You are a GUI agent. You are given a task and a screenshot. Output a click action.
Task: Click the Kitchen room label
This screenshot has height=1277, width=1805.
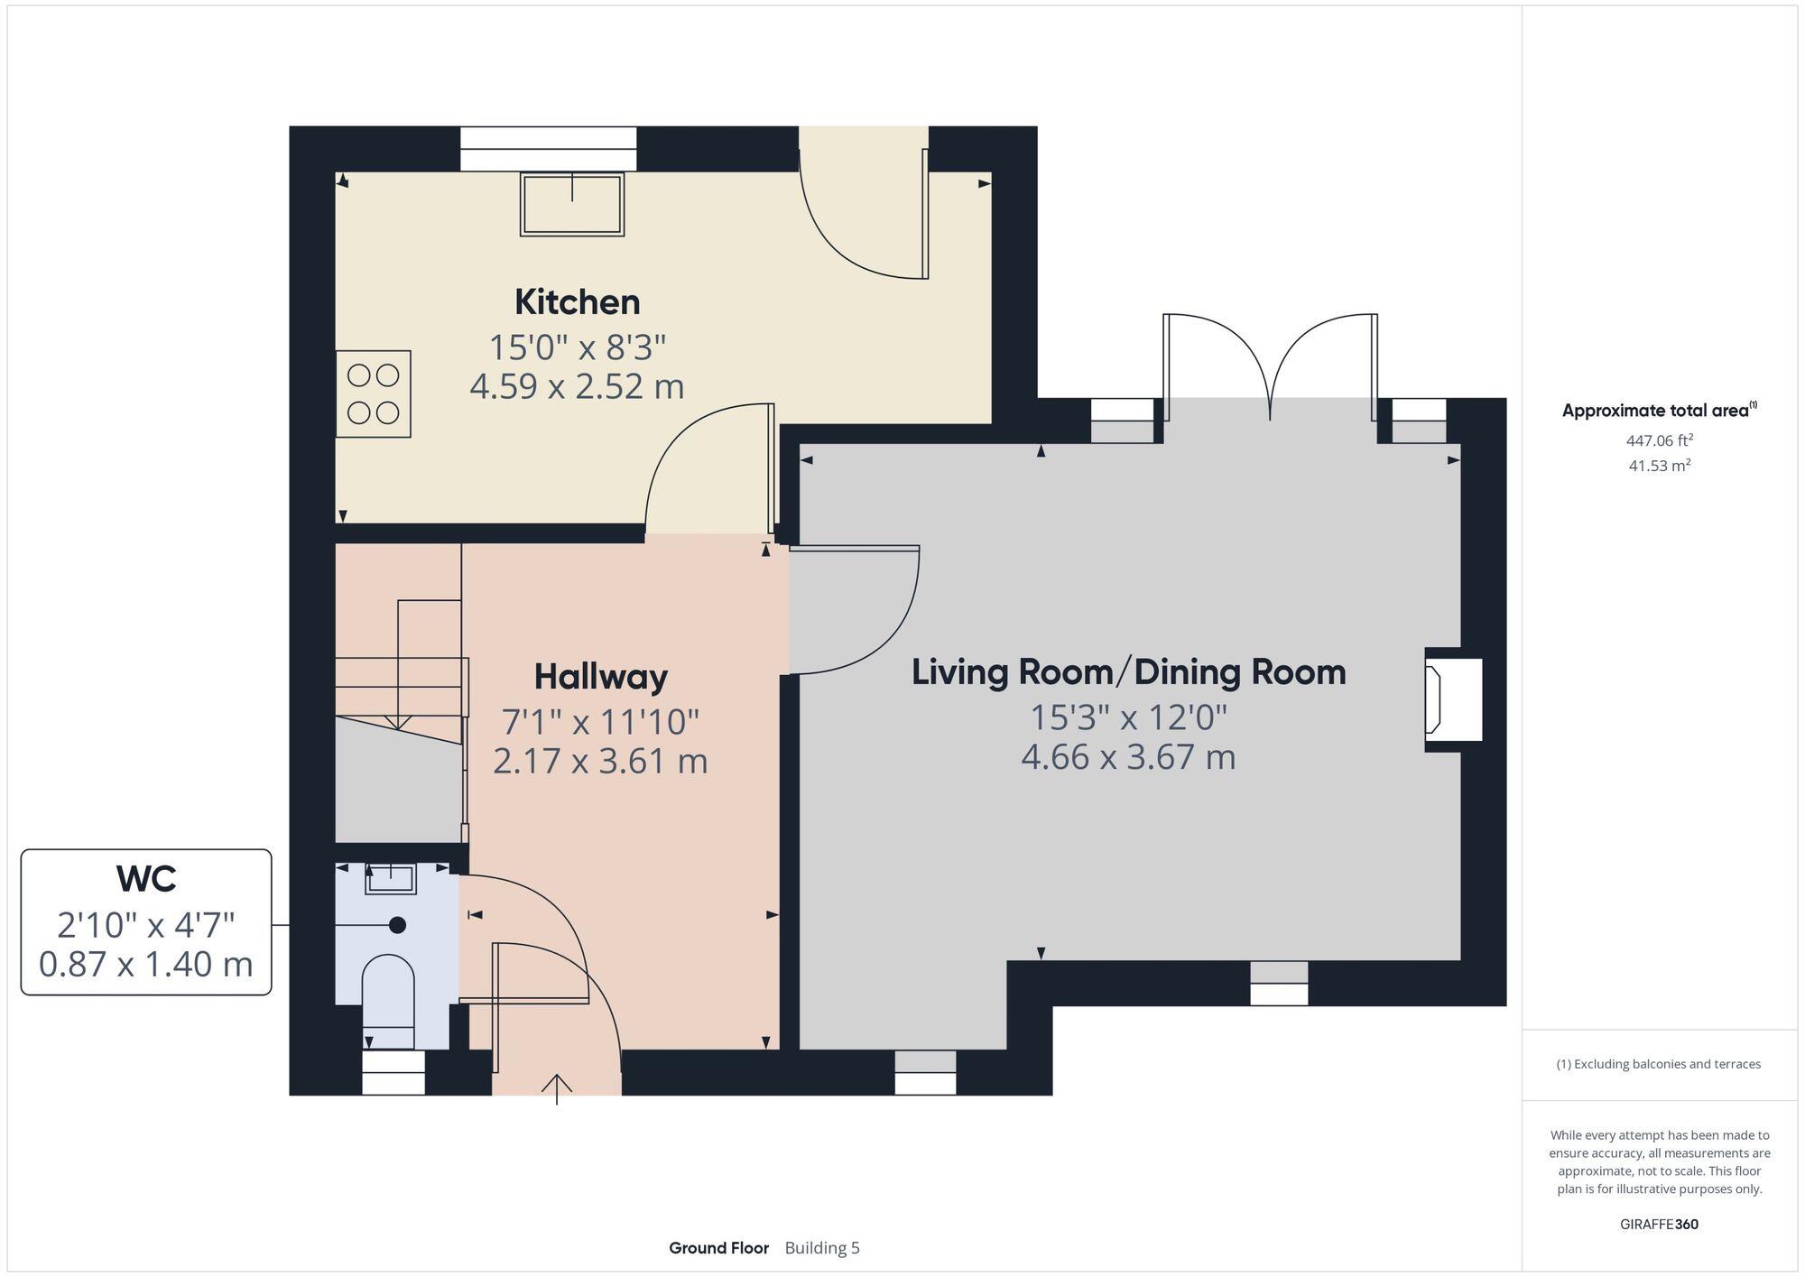(x=577, y=302)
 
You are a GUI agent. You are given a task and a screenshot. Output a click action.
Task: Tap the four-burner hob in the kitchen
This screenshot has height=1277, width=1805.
(x=374, y=394)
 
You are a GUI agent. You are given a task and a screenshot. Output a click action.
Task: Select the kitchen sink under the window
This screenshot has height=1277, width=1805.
(x=572, y=205)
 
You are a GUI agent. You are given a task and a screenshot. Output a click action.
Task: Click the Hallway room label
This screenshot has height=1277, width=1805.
(x=600, y=677)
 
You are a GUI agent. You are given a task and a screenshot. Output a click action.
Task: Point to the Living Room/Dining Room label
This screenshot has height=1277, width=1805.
(x=1128, y=672)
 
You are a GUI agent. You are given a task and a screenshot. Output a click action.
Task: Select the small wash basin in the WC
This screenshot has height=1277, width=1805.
(x=391, y=878)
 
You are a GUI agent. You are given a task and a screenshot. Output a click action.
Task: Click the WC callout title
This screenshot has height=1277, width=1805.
(x=146, y=878)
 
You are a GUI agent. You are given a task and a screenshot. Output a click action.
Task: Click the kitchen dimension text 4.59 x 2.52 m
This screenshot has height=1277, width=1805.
(x=577, y=386)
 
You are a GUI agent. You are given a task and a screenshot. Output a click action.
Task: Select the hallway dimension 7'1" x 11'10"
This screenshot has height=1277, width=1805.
(x=600, y=722)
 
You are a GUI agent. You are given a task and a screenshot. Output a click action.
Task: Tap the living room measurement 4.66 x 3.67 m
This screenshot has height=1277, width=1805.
(x=1128, y=756)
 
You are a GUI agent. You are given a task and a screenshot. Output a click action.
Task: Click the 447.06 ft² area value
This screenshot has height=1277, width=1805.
(x=1659, y=440)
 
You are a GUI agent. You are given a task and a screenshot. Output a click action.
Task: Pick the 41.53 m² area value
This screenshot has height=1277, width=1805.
(x=1659, y=466)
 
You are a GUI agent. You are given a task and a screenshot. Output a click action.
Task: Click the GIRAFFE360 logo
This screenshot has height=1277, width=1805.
(x=1659, y=1225)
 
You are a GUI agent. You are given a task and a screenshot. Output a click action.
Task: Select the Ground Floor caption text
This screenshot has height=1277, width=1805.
(x=718, y=1248)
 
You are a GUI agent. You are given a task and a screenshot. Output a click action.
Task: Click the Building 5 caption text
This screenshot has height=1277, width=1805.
(x=822, y=1248)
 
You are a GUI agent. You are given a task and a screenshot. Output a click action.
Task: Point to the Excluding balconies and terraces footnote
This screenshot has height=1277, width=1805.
(x=1659, y=1064)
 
